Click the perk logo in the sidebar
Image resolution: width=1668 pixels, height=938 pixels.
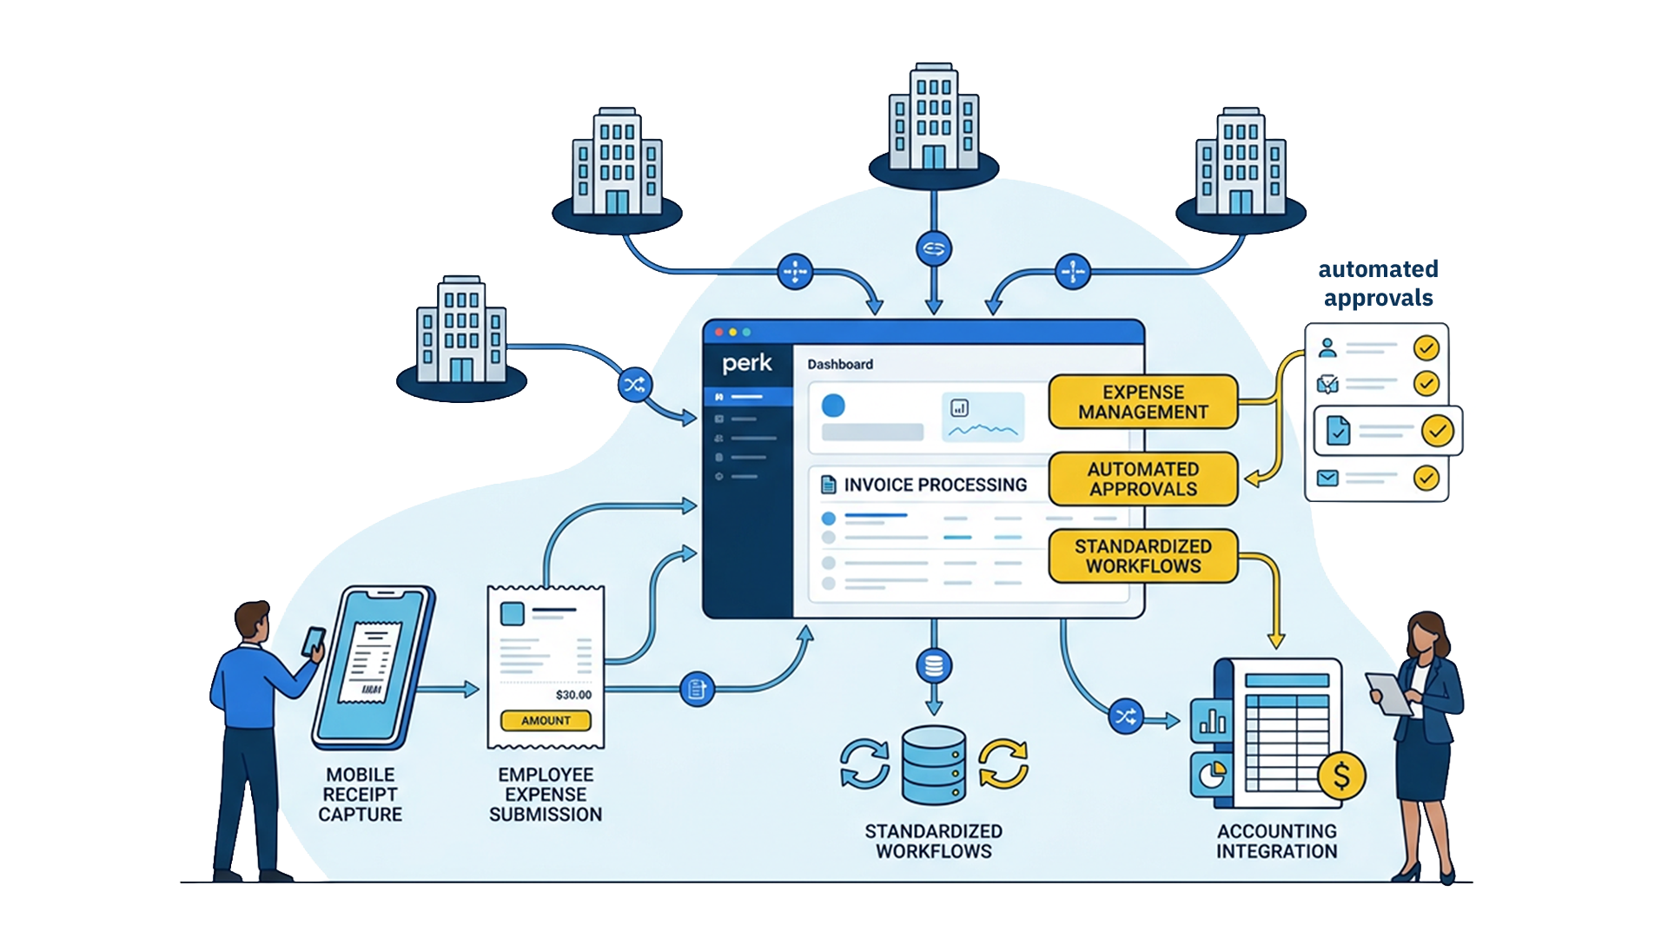747,363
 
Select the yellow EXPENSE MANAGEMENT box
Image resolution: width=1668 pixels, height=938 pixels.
1143,402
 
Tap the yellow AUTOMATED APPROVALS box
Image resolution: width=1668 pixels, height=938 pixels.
1143,479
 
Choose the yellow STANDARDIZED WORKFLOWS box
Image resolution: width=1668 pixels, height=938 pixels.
1143,556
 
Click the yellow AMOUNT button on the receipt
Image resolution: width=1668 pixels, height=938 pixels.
546,721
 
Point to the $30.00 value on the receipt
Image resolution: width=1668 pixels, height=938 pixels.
573,695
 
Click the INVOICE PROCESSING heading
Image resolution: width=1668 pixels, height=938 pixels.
935,485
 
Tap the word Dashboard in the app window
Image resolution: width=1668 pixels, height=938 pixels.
840,365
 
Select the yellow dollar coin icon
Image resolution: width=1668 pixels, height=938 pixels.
1341,776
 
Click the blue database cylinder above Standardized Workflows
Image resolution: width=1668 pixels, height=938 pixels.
934,765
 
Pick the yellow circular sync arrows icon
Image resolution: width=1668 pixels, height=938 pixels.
1003,763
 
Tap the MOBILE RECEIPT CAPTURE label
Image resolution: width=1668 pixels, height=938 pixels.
360,795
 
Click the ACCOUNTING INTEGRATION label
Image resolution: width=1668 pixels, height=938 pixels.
1276,842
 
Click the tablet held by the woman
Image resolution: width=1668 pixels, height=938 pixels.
1390,694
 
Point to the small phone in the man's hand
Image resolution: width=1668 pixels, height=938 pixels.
313,641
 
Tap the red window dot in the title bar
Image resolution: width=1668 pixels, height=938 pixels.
719,333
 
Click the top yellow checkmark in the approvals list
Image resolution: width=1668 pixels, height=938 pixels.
1426,348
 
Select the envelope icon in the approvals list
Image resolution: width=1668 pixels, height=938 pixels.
1327,479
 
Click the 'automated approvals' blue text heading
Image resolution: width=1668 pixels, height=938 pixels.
1378,283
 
